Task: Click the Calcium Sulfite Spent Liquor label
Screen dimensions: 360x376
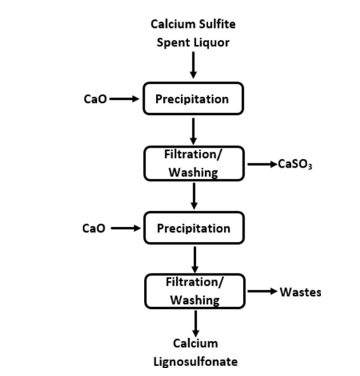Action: coord(193,34)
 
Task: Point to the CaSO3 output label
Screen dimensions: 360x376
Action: coord(295,165)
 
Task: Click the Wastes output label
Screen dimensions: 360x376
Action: coord(300,292)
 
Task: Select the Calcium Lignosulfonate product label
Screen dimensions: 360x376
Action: coord(195,352)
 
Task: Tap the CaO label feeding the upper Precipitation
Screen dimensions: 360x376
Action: coord(95,98)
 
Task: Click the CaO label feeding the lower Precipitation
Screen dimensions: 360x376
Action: coord(93,228)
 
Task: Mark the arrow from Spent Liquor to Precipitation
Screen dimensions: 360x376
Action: coord(193,65)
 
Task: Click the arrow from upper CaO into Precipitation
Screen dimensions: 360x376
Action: coord(124,98)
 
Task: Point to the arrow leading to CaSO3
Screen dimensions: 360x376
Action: coord(262,164)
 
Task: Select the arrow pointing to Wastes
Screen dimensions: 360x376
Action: coord(262,291)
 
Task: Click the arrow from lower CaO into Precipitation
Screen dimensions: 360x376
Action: coord(126,228)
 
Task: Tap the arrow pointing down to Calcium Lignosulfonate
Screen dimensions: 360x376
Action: coord(196,324)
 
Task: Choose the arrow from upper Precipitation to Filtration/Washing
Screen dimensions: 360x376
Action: coord(193,131)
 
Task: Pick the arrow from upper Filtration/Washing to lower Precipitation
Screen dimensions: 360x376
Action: coord(194,196)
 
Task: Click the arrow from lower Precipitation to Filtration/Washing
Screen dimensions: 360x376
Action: coord(195,260)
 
